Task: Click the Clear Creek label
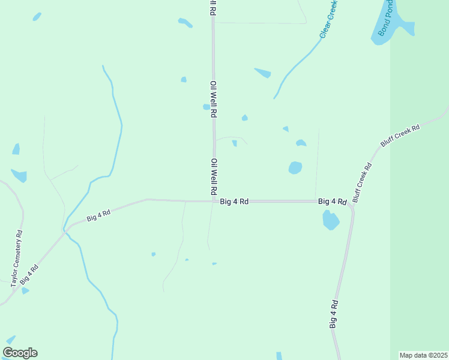(x=330, y=19)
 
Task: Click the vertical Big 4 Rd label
(x=334, y=314)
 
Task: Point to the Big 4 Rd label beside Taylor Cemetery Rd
(x=29, y=274)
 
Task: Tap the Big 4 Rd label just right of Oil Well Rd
(x=234, y=202)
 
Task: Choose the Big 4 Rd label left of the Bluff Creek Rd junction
(x=332, y=202)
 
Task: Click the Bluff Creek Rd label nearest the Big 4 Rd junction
(x=362, y=182)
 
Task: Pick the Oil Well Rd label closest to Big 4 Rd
(x=214, y=177)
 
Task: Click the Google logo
(x=20, y=353)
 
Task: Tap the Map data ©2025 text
(x=423, y=355)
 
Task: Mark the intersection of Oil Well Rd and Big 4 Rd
(x=214, y=202)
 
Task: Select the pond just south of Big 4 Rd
(x=331, y=220)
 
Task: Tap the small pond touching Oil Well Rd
(x=206, y=107)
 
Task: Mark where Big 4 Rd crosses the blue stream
(x=66, y=229)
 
